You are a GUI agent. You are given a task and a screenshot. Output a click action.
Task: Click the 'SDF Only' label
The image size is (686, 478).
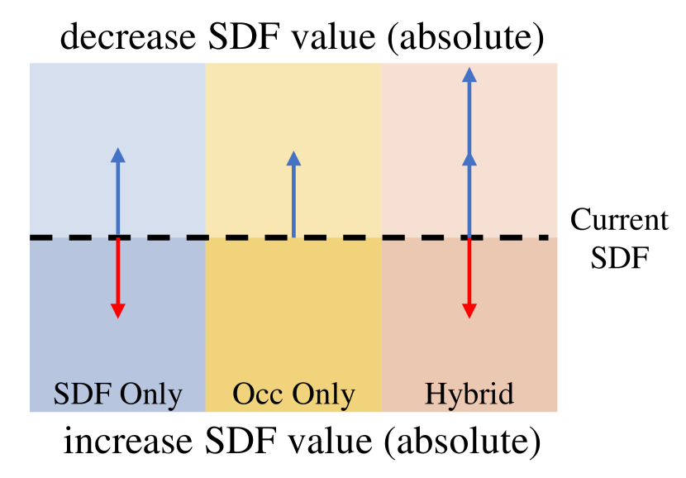(x=117, y=393)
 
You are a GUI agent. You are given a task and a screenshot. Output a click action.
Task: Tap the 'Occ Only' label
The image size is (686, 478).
(x=293, y=393)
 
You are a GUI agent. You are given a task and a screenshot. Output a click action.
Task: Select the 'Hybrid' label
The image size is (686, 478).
(x=469, y=393)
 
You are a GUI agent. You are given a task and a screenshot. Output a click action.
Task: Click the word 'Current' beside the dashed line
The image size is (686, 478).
(x=619, y=221)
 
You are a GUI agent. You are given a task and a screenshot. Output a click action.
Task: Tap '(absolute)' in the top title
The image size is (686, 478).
(x=482, y=37)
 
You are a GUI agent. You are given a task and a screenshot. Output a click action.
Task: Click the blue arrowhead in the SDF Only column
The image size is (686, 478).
(x=117, y=155)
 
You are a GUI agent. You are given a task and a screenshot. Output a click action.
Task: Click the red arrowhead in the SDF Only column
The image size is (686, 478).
(x=117, y=311)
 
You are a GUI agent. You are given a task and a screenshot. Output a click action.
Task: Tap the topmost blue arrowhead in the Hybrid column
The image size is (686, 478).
(x=469, y=74)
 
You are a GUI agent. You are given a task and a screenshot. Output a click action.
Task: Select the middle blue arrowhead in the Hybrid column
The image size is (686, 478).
(x=469, y=159)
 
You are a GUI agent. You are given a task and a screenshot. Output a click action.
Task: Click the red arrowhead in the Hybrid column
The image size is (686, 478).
(x=469, y=311)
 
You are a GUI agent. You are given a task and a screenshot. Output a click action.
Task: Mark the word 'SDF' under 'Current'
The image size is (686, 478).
(x=619, y=257)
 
